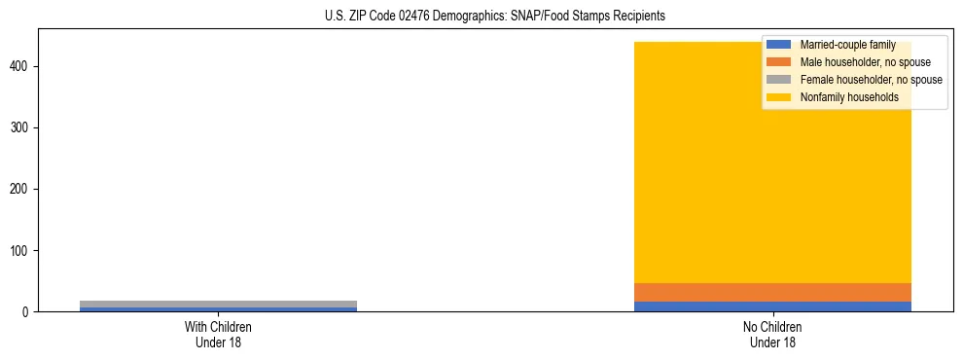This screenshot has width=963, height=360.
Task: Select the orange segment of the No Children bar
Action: point(773,292)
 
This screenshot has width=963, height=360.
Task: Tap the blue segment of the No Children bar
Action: point(773,306)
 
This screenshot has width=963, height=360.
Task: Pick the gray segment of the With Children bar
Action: point(218,304)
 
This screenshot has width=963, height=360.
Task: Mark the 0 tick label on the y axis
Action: point(26,311)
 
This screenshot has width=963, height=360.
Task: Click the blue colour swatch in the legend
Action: point(779,45)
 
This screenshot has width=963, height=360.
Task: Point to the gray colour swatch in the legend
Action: point(779,80)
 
